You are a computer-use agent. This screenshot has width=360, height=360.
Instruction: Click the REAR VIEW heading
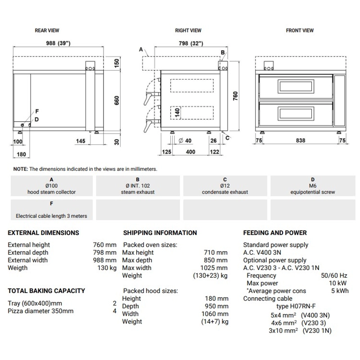[x=47, y=31]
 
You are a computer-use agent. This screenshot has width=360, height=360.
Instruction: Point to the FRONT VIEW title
[x=300, y=31]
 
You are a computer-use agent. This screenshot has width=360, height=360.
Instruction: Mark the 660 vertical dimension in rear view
[x=117, y=100]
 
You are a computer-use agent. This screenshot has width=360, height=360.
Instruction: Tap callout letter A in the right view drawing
[x=141, y=49]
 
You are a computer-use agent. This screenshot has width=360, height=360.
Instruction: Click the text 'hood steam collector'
[x=51, y=192]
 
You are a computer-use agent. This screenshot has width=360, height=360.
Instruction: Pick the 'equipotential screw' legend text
[x=313, y=192]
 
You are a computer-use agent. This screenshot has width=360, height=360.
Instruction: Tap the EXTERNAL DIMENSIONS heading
[x=43, y=233]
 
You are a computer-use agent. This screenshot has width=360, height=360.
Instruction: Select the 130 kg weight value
[x=108, y=268]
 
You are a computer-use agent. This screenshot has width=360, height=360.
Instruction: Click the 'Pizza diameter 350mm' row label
[x=40, y=311]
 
